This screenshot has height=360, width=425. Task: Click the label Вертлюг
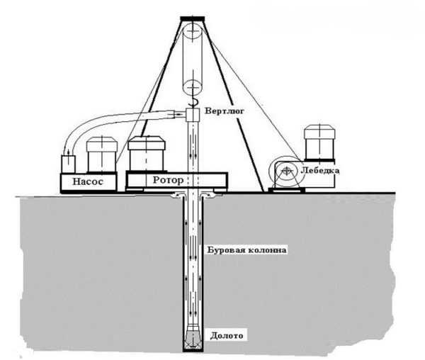pyautogui.click(x=225, y=111)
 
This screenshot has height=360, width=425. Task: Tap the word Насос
pyautogui.click(x=88, y=181)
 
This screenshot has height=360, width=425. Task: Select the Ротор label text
pyautogui.click(x=168, y=180)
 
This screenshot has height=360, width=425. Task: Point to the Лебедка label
pyautogui.click(x=320, y=171)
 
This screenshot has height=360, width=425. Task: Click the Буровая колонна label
pyautogui.click(x=246, y=249)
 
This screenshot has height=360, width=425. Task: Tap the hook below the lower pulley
pyautogui.click(x=193, y=103)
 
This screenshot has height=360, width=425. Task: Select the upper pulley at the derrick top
pyautogui.click(x=192, y=31)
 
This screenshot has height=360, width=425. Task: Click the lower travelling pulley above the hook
pyautogui.click(x=192, y=87)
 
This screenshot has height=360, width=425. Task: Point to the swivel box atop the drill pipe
pyautogui.click(x=193, y=115)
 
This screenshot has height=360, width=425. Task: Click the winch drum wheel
pyautogui.click(x=286, y=171)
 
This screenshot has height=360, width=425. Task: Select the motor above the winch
pyautogui.click(x=319, y=142)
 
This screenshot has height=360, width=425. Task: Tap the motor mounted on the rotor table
pyautogui.click(x=147, y=154)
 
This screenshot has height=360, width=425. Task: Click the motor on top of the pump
pyautogui.click(x=102, y=154)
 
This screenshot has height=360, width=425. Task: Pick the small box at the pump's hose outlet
pyautogui.click(x=68, y=164)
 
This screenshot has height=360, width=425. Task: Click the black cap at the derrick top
pyautogui.click(x=193, y=18)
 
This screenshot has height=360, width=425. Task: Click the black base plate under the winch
pyautogui.click(x=287, y=190)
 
